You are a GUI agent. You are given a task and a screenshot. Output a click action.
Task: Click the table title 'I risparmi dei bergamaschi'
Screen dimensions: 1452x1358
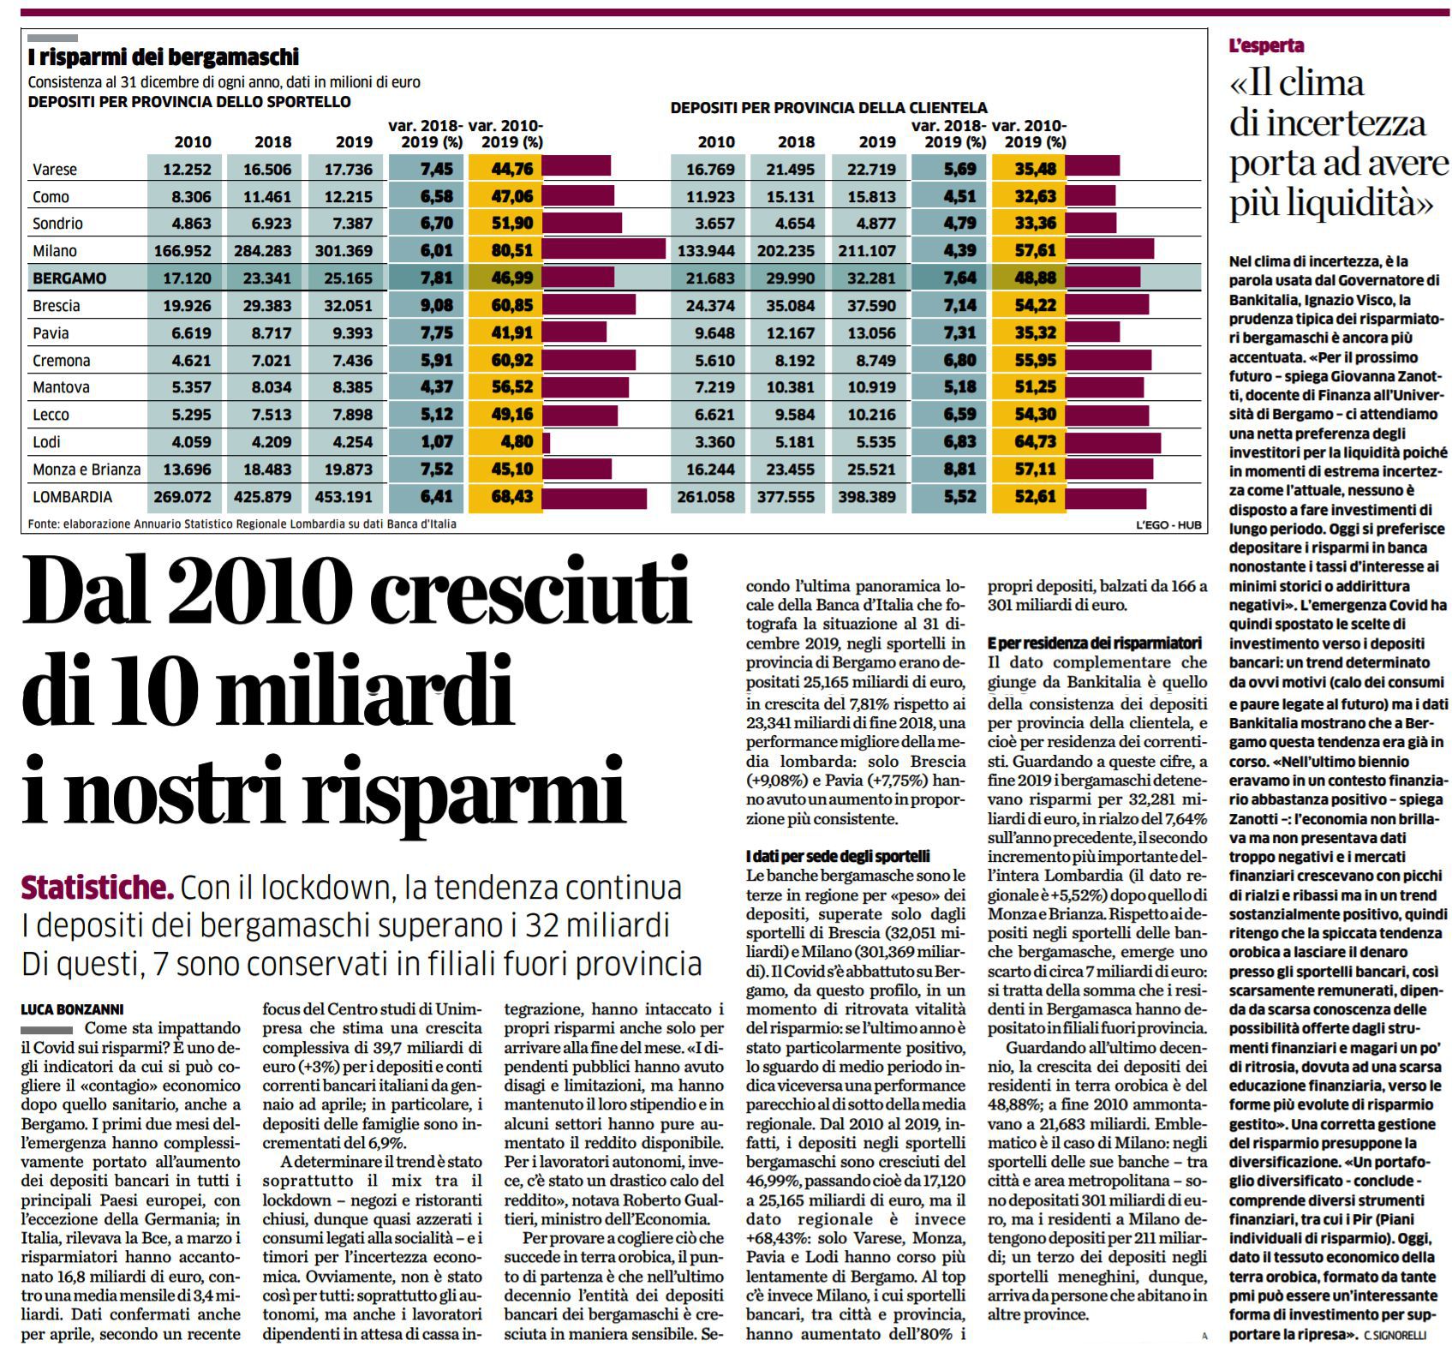click(x=164, y=57)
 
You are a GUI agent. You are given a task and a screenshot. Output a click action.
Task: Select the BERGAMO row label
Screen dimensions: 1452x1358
click(x=69, y=278)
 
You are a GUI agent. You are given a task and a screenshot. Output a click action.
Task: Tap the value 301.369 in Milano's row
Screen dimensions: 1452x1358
click(x=344, y=251)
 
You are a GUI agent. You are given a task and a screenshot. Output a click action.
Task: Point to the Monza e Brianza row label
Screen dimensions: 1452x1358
click(x=87, y=470)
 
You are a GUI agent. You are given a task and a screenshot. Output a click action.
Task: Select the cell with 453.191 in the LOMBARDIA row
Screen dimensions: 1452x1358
click(x=344, y=497)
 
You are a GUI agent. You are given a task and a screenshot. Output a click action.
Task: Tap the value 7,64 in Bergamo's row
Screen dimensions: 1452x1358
click(x=959, y=278)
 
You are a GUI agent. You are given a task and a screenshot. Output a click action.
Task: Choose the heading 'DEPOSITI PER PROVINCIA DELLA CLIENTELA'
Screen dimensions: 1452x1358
click(x=828, y=108)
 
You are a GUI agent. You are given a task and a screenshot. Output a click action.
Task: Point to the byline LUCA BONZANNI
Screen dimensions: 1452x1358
click(x=72, y=1009)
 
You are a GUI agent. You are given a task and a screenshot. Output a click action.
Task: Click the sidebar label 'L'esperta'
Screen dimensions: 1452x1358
click(x=1266, y=46)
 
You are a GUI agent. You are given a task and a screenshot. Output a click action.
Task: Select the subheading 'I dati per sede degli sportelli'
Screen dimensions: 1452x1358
click(x=838, y=856)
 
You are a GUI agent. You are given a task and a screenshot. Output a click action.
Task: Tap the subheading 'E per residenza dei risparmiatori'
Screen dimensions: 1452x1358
click(x=1095, y=643)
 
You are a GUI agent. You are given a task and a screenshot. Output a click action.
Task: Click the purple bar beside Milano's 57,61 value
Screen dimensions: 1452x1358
click(x=1109, y=250)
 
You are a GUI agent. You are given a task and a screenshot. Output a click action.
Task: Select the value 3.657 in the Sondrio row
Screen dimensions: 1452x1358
click(x=715, y=224)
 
